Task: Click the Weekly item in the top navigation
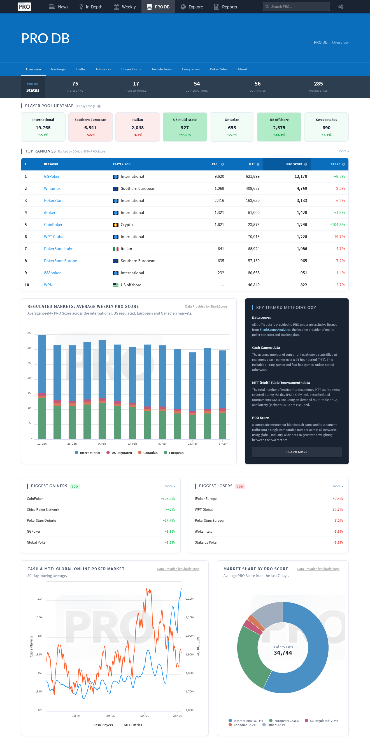125,7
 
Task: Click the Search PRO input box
296,6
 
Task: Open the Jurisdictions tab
161,69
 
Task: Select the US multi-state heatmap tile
185,127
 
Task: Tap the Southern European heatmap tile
90,127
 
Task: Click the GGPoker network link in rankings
52,176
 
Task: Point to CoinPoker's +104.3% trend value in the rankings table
337,225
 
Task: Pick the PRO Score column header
294,164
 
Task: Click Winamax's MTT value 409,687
253,188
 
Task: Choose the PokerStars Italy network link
58,249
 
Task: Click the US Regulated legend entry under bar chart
119,453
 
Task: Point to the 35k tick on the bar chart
30,333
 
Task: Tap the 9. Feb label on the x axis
102,444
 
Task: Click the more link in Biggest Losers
338,486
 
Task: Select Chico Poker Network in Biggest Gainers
43,510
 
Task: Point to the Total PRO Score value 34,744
283,653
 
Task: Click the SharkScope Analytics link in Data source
275,330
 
